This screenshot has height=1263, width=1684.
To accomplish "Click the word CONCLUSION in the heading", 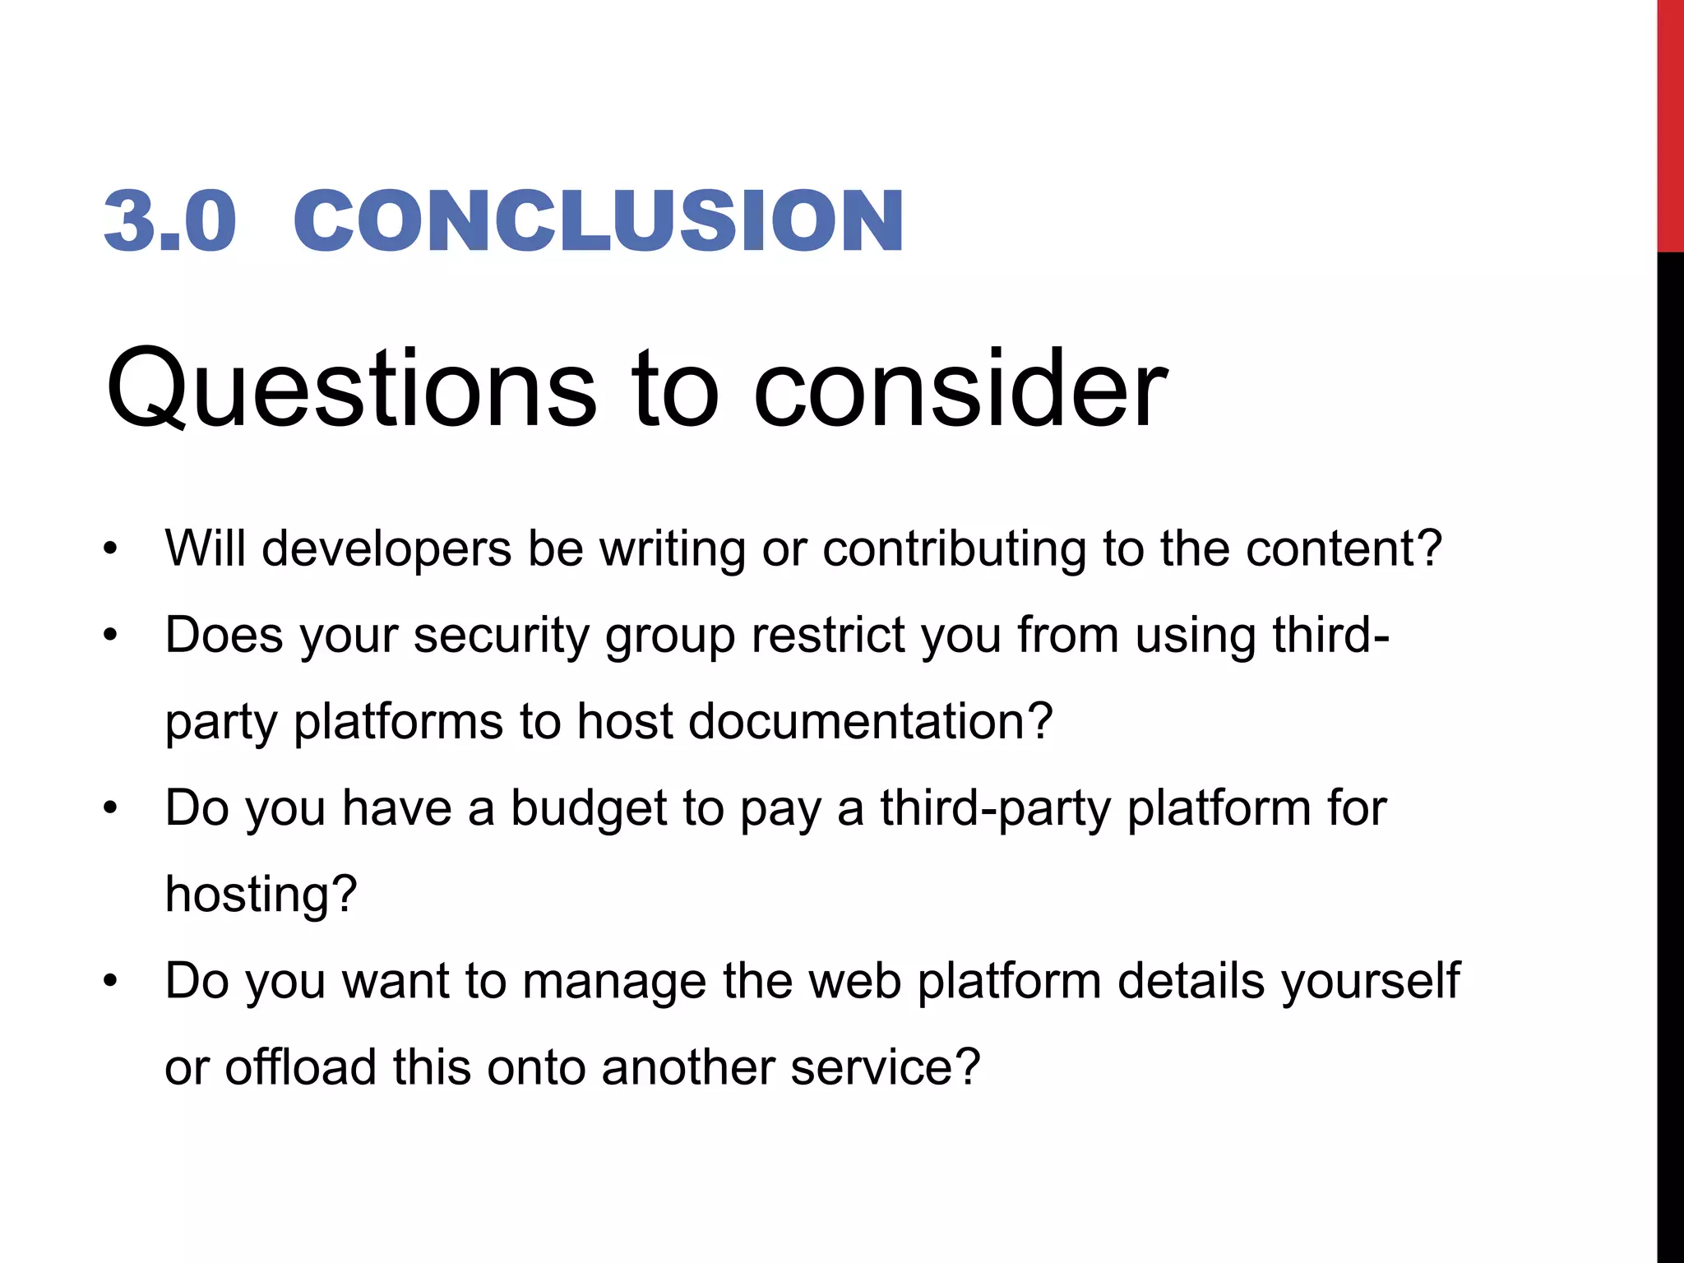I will pos(599,220).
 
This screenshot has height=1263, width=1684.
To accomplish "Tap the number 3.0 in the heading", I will pos(170,220).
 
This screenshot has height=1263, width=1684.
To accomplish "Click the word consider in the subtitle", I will pos(960,388).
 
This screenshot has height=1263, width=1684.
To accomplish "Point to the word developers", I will pos(386,549).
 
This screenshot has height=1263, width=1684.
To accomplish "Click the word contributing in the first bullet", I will pos(955,549).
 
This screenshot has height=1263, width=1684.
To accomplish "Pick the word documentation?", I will pos(870,722).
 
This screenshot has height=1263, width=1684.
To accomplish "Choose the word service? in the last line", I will pos(886,1067).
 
